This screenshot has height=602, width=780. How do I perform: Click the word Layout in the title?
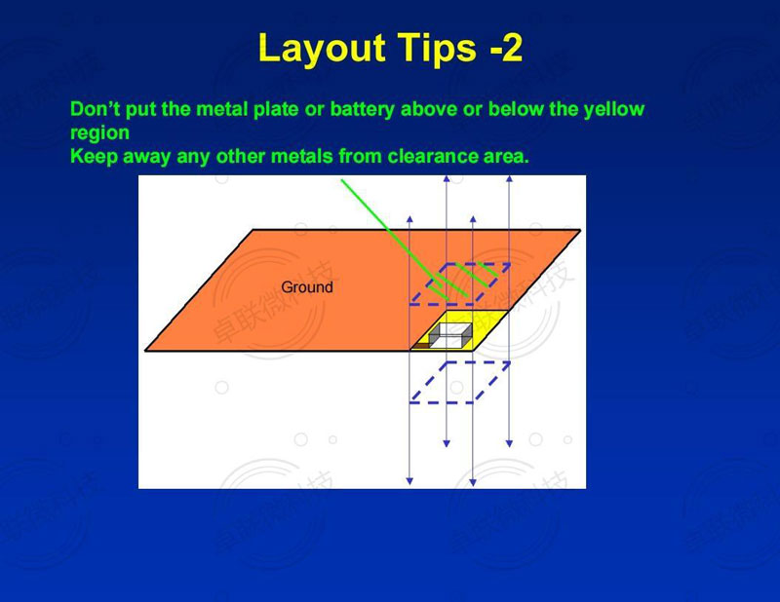point(322,49)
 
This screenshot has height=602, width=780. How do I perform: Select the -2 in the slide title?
point(506,49)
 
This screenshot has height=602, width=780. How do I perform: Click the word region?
point(100,133)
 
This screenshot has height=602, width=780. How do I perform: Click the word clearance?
point(432,156)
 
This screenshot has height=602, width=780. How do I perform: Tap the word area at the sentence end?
point(506,157)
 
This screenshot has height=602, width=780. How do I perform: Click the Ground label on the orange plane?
point(307,286)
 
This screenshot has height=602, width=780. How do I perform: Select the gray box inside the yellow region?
point(450,335)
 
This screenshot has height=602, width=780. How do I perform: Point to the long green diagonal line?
point(395,240)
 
